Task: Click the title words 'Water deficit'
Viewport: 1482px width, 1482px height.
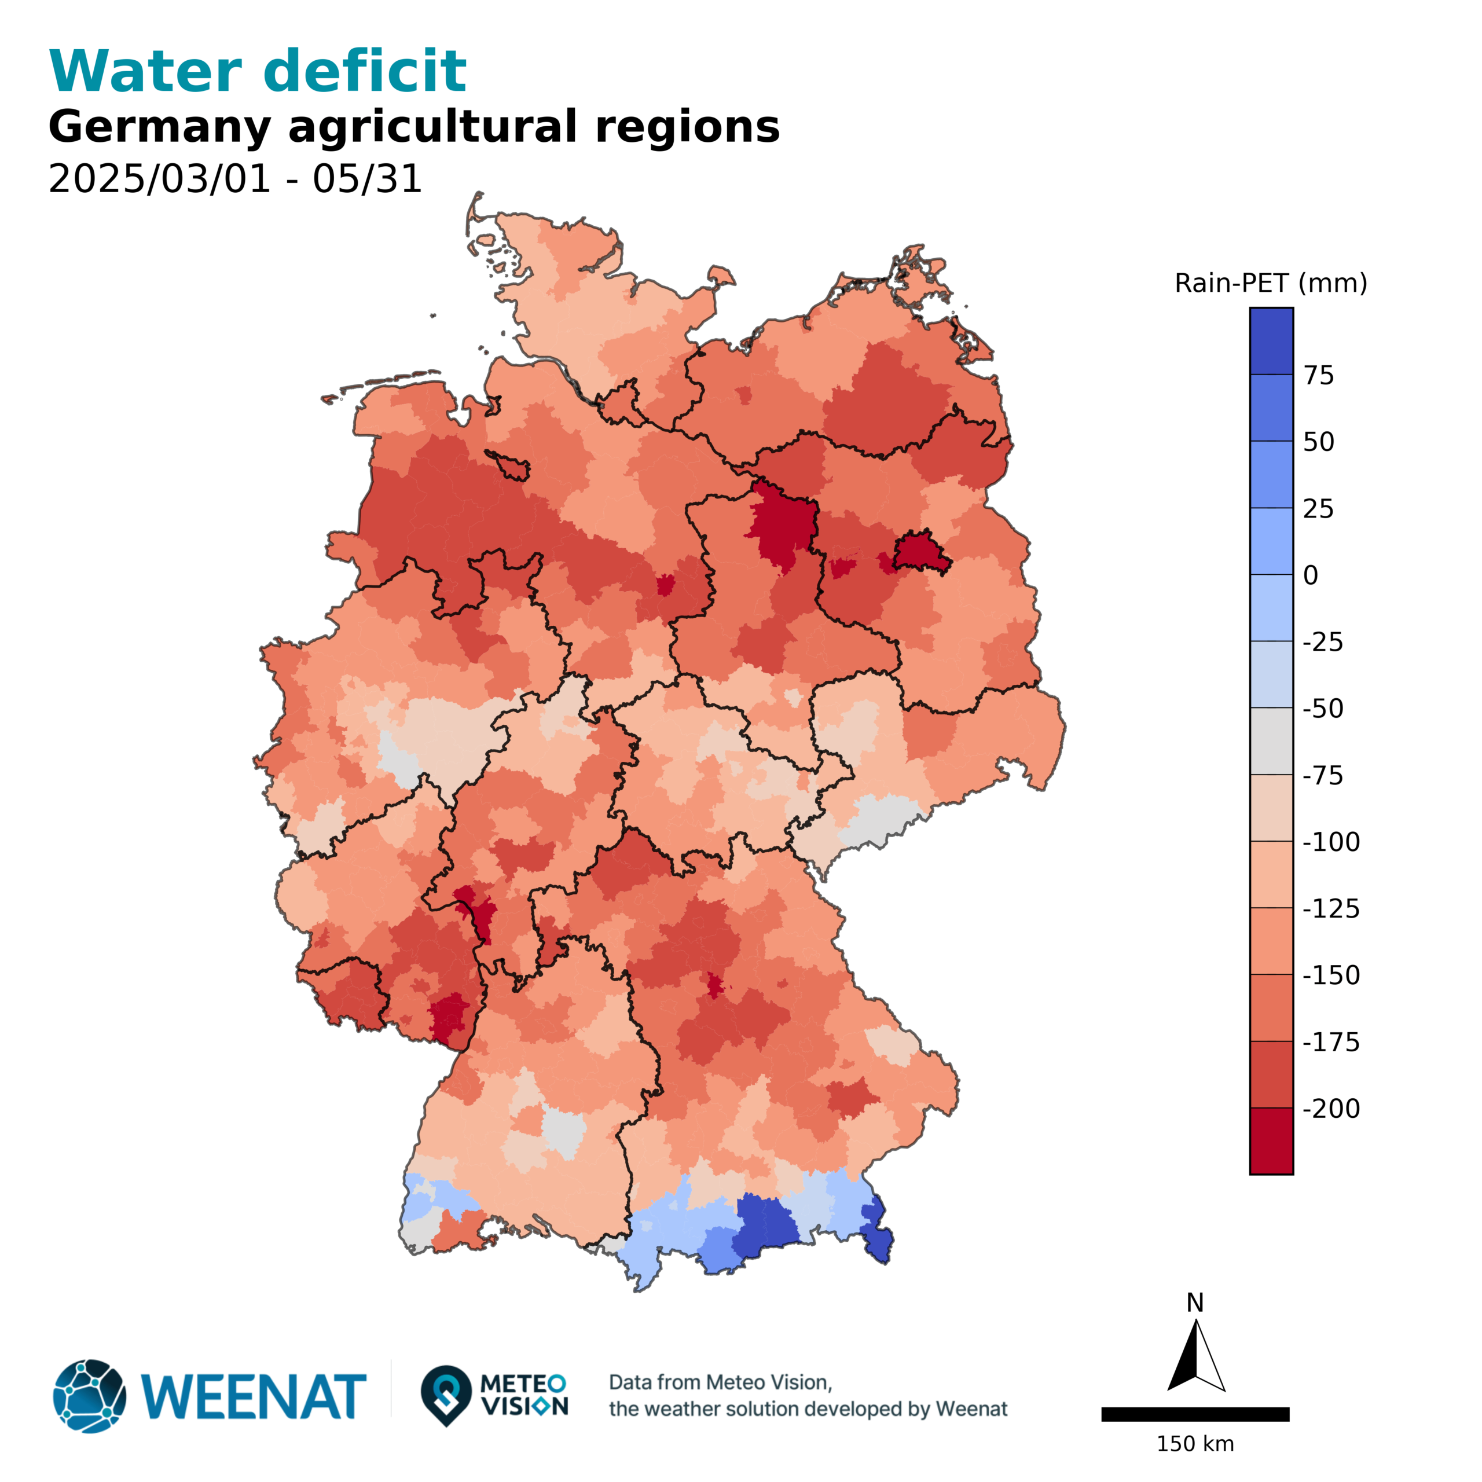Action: pos(257,71)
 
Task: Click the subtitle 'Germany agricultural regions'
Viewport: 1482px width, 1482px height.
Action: pos(413,127)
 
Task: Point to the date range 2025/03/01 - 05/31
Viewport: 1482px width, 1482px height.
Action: pos(234,179)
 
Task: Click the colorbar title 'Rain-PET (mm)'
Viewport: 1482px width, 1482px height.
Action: pos(1270,284)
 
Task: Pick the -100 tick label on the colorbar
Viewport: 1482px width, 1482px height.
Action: pos(1331,842)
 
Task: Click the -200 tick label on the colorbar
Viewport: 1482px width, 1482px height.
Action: pos(1331,1109)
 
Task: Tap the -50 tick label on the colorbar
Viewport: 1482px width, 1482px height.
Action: pos(1322,709)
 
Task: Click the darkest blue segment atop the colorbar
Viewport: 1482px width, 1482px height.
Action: pos(1271,342)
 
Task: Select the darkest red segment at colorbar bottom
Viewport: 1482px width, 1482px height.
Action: pos(1271,1140)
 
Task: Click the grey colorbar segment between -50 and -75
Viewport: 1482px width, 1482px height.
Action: pos(1271,741)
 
